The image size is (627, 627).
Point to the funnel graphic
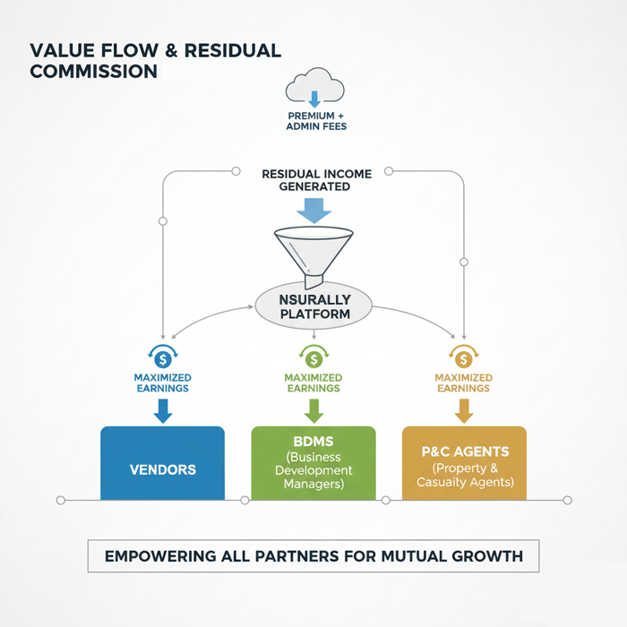(313, 251)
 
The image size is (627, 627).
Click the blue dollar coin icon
(162, 358)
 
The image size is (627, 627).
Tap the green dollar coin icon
(313, 358)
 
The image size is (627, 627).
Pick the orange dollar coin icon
(463, 358)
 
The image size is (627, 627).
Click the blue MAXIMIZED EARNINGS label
(162, 383)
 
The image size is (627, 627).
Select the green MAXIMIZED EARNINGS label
(313, 383)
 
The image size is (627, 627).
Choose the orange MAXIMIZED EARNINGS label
(463, 383)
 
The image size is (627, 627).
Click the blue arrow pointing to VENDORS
(162, 410)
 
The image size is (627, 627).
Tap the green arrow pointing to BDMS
(313, 410)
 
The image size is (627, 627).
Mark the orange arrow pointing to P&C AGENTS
(463, 410)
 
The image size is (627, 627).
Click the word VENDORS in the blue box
(162, 469)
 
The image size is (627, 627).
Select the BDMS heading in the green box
(313, 442)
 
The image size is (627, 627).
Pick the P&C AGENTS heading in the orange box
(464, 452)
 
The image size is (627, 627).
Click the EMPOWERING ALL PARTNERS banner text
(313, 556)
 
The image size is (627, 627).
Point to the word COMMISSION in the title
(93, 71)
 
